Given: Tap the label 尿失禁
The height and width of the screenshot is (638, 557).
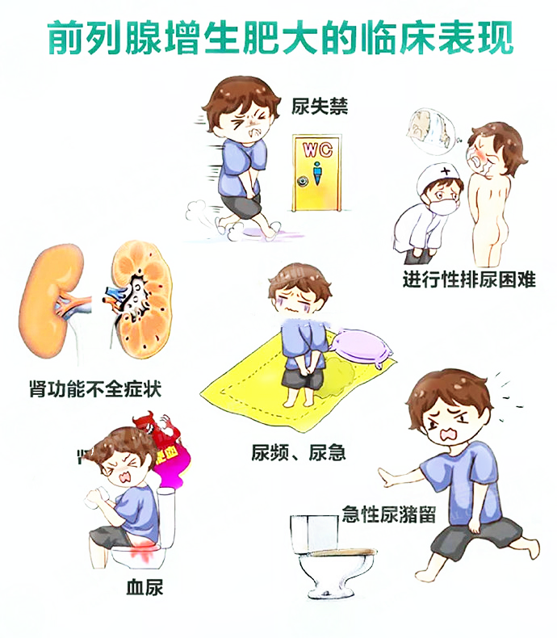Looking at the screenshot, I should tap(321, 106).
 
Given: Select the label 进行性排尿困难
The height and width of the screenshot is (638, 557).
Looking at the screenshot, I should tap(468, 280).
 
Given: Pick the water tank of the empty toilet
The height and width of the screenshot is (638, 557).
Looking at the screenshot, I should tap(313, 534).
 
